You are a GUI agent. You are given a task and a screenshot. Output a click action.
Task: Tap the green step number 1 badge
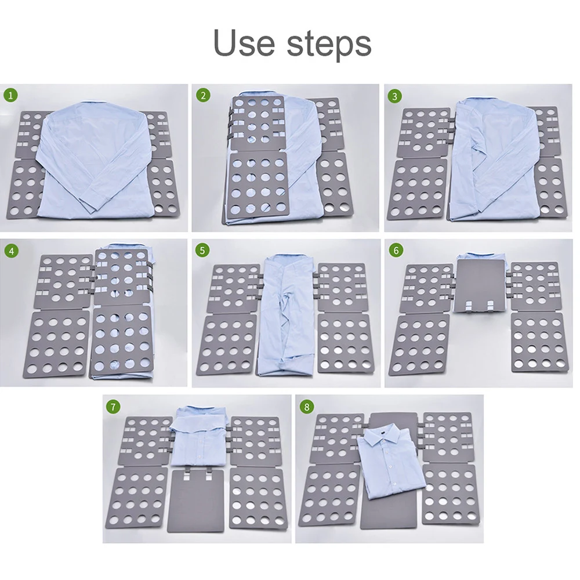click(x=10, y=96)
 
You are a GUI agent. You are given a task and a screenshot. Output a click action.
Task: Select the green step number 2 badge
click(x=203, y=96)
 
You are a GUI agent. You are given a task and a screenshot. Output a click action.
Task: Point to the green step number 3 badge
click(x=394, y=96)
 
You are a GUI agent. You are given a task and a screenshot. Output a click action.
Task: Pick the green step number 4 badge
click(x=12, y=251)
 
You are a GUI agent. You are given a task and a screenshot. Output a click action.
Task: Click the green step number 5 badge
click(x=202, y=251)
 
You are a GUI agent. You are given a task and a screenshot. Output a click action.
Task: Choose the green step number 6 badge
click(x=396, y=251)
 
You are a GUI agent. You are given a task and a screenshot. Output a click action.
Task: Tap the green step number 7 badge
click(x=113, y=407)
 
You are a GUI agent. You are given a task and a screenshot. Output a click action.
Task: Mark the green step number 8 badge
click(x=306, y=407)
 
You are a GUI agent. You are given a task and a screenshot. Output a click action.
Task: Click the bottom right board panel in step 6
click(x=539, y=343)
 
